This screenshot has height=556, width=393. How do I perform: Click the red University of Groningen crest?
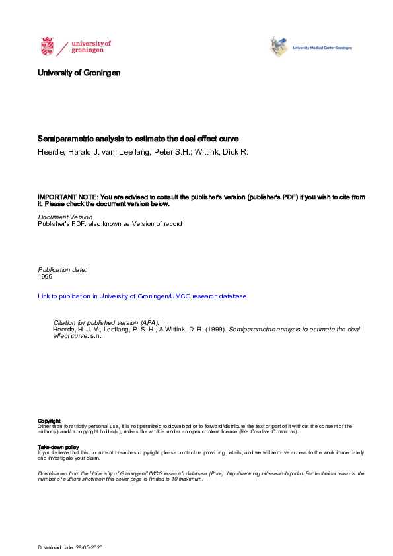[x=47, y=47]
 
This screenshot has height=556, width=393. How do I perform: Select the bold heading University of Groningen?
[x=79, y=73]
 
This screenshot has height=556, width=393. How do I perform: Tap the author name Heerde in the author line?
[x=50, y=152]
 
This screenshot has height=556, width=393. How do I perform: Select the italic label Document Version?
[x=65, y=217]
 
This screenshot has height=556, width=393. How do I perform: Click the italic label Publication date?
[x=62, y=270]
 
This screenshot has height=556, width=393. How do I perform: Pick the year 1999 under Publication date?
[x=45, y=277]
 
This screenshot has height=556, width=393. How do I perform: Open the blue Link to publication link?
[x=142, y=296]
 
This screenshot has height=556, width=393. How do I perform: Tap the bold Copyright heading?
[x=49, y=421]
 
